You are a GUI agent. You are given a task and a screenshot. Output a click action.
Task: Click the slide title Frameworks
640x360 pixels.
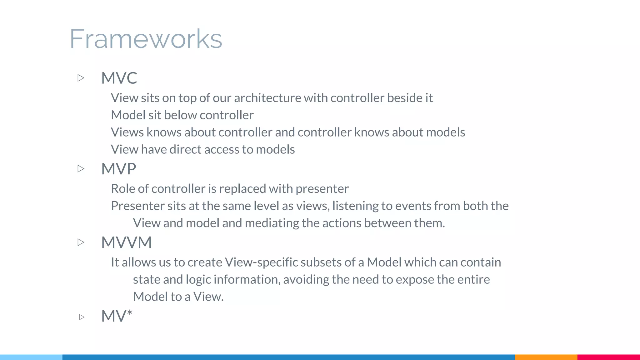146,39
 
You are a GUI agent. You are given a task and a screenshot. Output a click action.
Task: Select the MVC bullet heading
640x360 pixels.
119,78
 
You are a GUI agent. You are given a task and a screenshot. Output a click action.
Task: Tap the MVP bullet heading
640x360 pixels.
118,169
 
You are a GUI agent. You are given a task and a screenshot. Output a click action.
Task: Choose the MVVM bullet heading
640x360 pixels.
126,242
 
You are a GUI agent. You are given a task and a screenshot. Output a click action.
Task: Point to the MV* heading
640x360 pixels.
117,316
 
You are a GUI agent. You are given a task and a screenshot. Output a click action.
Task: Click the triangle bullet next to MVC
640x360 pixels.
81,78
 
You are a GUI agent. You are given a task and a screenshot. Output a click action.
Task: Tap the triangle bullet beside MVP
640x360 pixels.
81,169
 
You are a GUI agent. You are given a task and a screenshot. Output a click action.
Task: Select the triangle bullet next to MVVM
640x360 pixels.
81,242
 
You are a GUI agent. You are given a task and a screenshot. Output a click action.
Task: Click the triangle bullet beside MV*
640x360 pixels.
82,317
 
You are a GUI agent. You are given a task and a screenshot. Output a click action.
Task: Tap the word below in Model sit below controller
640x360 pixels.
180,115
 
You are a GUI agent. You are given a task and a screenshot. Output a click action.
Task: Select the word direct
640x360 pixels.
185,150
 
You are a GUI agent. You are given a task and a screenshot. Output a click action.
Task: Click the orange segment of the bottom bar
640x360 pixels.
546,357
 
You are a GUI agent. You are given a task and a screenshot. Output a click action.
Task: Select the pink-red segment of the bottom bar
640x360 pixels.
608,357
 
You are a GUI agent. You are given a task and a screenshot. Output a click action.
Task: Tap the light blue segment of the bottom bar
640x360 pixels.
31,357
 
